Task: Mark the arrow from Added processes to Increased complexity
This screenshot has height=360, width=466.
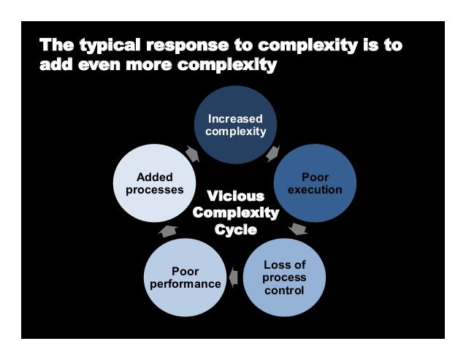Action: point(192,153)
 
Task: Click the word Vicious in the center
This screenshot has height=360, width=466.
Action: point(235,196)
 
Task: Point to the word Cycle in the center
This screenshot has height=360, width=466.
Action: point(235,229)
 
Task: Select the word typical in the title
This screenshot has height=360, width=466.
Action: point(107,45)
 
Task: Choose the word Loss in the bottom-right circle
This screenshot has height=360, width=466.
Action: point(284,265)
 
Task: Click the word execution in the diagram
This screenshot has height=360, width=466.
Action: point(315,189)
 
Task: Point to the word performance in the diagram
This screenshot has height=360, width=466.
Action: point(186,284)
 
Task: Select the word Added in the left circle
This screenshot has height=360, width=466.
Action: point(155,177)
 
